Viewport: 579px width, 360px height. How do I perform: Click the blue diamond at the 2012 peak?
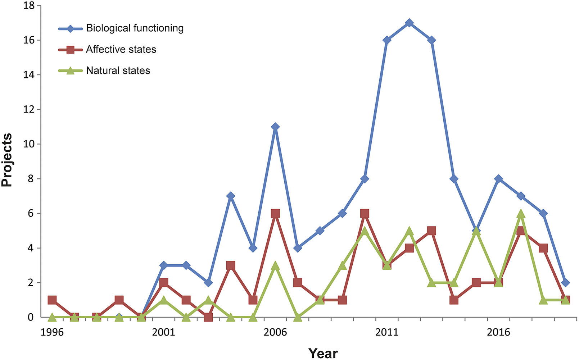(409, 23)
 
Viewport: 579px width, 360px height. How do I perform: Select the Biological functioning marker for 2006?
(275, 127)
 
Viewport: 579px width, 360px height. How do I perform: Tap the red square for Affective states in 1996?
(52, 300)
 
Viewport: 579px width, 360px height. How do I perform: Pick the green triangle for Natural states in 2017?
(521, 214)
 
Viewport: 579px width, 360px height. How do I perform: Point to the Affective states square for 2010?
(365, 214)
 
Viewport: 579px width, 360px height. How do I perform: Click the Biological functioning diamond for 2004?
(231, 196)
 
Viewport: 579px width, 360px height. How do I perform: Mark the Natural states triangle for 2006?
(275, 266)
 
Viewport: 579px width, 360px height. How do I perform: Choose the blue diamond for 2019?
(565, 283)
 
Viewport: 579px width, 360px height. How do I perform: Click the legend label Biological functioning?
(135, 28)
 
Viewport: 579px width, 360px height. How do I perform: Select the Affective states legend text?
(121, 49)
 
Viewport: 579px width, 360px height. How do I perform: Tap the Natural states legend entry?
(118, 70)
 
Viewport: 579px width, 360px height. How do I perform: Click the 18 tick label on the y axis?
(28, 6)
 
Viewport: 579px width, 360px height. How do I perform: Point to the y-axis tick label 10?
(28, 144)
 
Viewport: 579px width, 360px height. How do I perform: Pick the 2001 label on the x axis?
(163, 332)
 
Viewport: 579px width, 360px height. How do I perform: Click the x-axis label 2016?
(498, 332)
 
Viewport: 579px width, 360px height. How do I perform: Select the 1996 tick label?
(52, 332)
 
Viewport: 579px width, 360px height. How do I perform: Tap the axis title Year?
(323, 353)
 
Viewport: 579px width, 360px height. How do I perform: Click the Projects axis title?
(7, 160)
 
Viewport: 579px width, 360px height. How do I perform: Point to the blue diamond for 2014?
(454, 179)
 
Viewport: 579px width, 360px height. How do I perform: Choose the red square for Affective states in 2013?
(431, 231)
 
